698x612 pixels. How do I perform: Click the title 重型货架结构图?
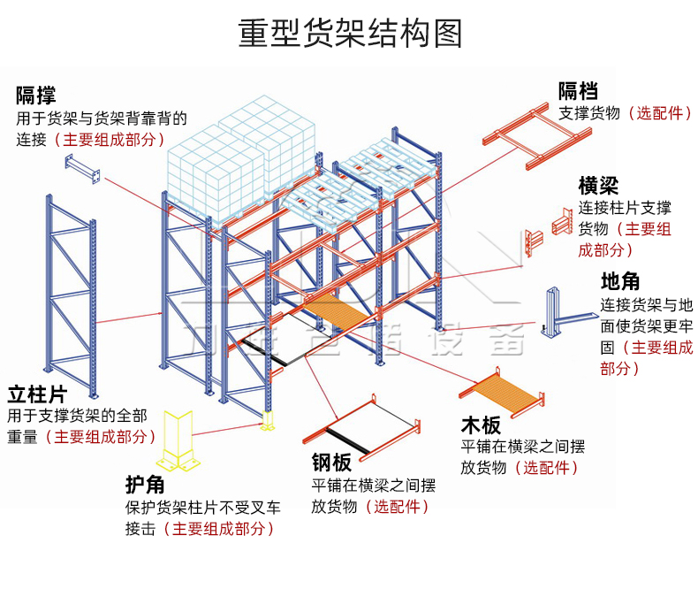pos(349,34)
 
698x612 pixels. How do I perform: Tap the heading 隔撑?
pos(36,95)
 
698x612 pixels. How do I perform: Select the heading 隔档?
pos(578,90)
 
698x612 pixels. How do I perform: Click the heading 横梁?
pos(598,186)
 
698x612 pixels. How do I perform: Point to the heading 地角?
pos(620,282)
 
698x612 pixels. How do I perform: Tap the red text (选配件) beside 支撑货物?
pos(660,113)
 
